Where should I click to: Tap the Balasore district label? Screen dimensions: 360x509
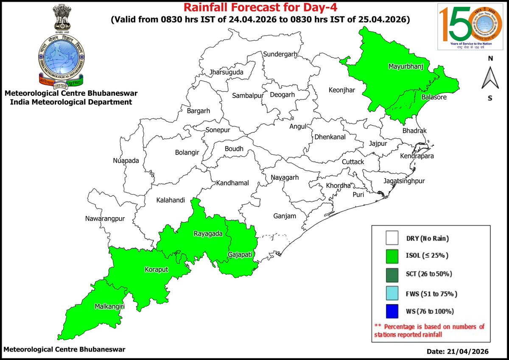click(433, 98)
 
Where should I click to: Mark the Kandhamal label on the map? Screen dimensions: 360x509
click(232, 183)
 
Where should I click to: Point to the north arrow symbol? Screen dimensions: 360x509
click(490, 78)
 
